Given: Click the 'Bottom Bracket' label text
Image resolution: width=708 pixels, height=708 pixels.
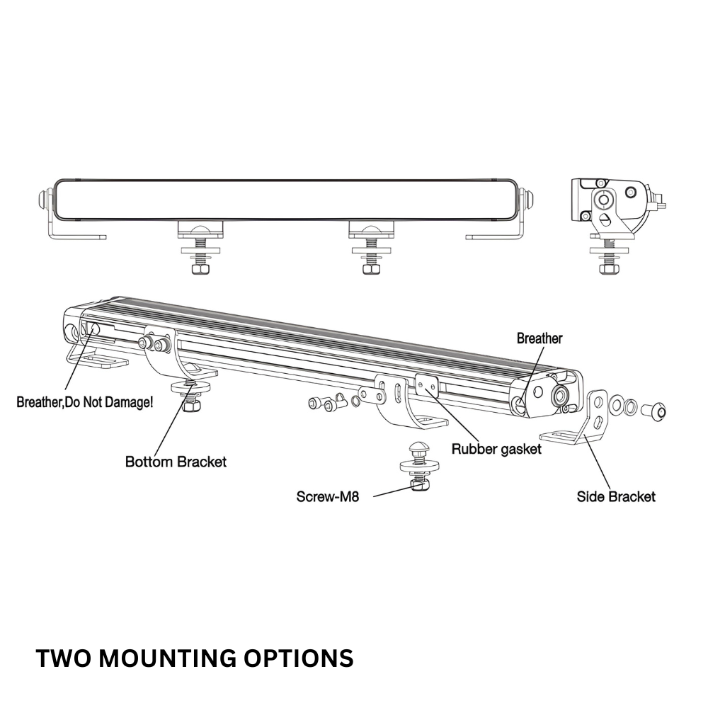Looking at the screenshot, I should [176, 462].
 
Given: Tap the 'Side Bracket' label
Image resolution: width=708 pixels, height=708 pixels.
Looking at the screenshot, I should [616, 496].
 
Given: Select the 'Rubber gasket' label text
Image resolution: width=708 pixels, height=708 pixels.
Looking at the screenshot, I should [496, 449].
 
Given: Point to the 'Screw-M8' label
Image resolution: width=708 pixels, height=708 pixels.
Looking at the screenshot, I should [328, 497].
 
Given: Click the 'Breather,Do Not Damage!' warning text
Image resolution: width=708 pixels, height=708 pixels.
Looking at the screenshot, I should [84, 403].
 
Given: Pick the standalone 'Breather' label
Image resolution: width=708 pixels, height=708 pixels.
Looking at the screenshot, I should [539, 338].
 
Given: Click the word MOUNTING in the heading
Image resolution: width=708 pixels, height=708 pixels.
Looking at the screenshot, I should [168, 658].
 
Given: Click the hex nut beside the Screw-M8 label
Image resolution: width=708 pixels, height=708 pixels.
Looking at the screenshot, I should [416, 485].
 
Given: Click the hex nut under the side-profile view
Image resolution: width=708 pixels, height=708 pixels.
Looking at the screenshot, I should [606, 268].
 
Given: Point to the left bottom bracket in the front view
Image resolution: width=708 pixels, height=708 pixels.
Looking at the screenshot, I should [200, 229].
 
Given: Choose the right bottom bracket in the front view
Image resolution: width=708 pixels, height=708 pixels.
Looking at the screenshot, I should [371, 229].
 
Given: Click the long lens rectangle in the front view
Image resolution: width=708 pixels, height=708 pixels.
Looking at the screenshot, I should [290, 198].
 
